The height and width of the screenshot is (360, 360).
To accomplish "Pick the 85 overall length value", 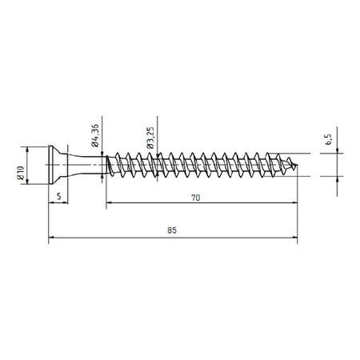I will [x=173, y=230].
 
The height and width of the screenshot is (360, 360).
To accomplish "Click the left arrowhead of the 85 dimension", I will [x=52, y=238].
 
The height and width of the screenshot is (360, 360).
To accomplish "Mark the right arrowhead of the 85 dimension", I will [x=294, y=238].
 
